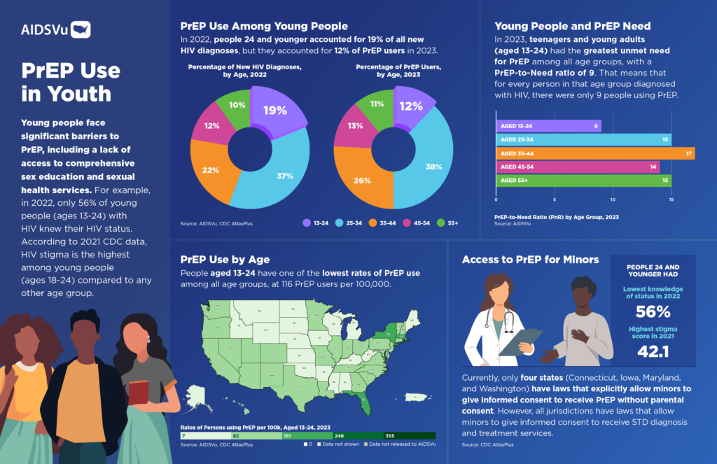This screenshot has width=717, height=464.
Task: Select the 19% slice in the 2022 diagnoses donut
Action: click(x=275, y=109)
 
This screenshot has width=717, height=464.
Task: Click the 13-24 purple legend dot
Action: click(x=307, y=223)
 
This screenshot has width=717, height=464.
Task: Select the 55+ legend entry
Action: click(x=447, y=223)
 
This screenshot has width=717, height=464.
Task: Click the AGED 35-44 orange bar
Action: click(x=595, y=153)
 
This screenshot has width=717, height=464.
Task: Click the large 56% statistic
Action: click(x=653, y=312)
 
